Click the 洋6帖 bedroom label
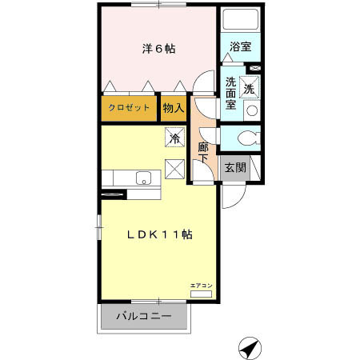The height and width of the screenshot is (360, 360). point(159,49)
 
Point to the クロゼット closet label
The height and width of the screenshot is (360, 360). point(130,107)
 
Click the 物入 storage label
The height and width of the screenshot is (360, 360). point(174,107)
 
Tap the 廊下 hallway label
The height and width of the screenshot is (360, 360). point(203,152)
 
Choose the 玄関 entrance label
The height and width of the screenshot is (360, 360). point(234,168)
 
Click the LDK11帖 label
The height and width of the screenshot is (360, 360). point(161,234)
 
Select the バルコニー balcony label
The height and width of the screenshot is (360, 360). point(143,317)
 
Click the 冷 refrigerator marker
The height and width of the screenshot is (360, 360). point(174,138)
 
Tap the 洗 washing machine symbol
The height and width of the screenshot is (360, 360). point(250,89)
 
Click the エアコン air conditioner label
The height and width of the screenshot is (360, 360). point(201,285)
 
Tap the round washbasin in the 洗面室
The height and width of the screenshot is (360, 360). point(251,110)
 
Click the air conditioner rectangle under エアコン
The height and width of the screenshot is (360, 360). point(201,294)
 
